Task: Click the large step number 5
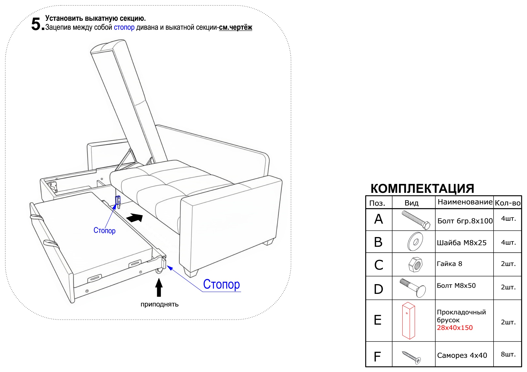(x=36, y=24)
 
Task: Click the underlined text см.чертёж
(x=235, y=27)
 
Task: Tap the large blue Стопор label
(x=221, y=284)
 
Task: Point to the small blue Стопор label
(x=104, y=230)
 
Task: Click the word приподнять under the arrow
(x=159, y=304)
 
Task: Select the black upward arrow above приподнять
(x=159, y=287)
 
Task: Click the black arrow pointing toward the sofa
(x=135, y=218)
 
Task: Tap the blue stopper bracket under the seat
(x=118, y=201)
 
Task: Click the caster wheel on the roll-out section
(x=159, y=271)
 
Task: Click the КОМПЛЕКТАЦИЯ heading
(x=422, y=188)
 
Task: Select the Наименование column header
(x=465, y=202)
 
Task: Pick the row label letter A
(x=378, y=219)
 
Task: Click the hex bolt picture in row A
(x=416, y=220)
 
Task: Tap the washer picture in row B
(x=415, y=242)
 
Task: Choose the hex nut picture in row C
(x=415, y=264)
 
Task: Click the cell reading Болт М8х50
(x=456, y=286)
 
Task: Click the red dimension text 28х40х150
(x=455, y=328)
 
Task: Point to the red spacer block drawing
(x=408, y=320)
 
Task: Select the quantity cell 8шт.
(x=508, y=354)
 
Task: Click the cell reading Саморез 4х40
(x=462, y=355)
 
